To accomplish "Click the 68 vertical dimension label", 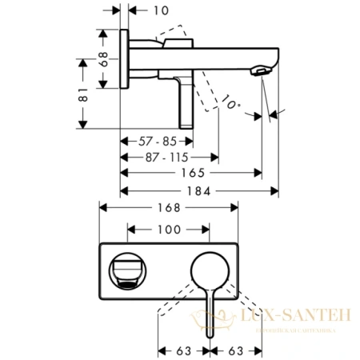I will [x=102, y=60].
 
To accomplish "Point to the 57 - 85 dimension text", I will [x=156, y=141].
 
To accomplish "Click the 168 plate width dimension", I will [x=168, y=206].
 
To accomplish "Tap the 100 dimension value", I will [x=167, y=230].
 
